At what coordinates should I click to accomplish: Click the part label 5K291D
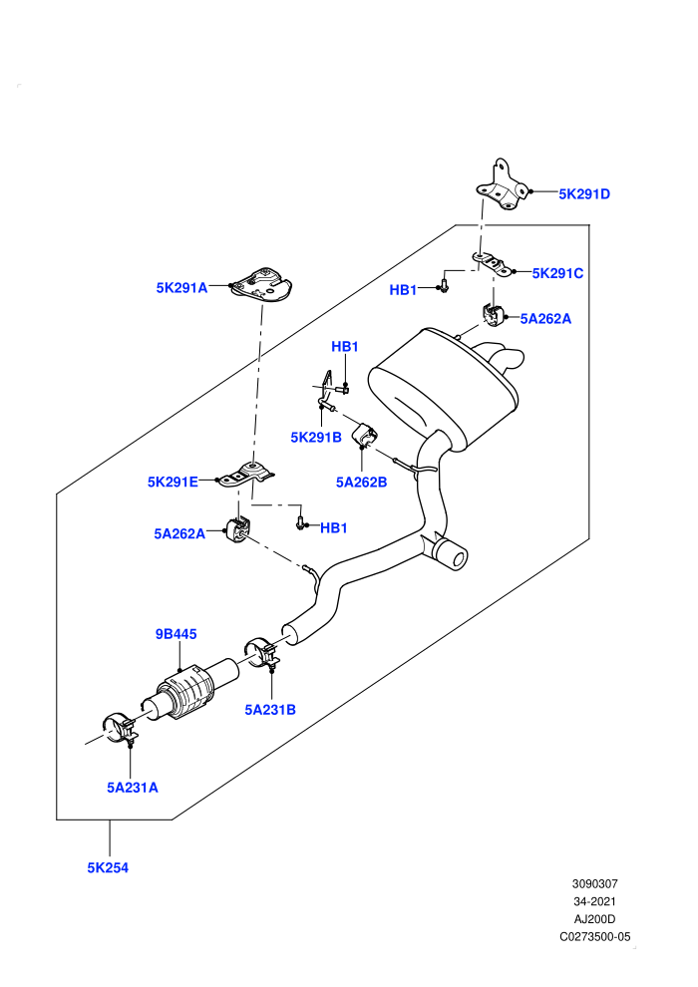(584, 193)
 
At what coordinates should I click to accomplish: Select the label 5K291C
(557, 273)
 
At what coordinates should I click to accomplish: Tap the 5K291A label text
(181, 288)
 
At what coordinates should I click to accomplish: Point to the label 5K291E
(173, 482)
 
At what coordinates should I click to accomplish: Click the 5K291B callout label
(316, 437)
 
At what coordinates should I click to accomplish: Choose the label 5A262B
(361, 483)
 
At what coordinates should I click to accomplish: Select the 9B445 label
(176, 634)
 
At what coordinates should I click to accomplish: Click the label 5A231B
(270, 710)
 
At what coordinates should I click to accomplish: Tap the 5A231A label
(133, 788)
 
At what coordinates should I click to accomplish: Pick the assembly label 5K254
(108, 867)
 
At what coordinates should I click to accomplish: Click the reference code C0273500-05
(594, 936)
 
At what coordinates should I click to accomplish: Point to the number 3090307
(594, 883)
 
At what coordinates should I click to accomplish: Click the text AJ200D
(594, 919)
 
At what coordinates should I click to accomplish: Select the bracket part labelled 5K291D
(502, 185)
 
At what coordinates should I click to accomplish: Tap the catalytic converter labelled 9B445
(188, 693)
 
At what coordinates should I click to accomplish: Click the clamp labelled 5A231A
(120, 729)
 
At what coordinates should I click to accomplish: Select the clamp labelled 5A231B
(262, 654)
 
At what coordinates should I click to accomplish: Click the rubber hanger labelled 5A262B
(364, 435)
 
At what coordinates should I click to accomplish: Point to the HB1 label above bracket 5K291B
(345, 346)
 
